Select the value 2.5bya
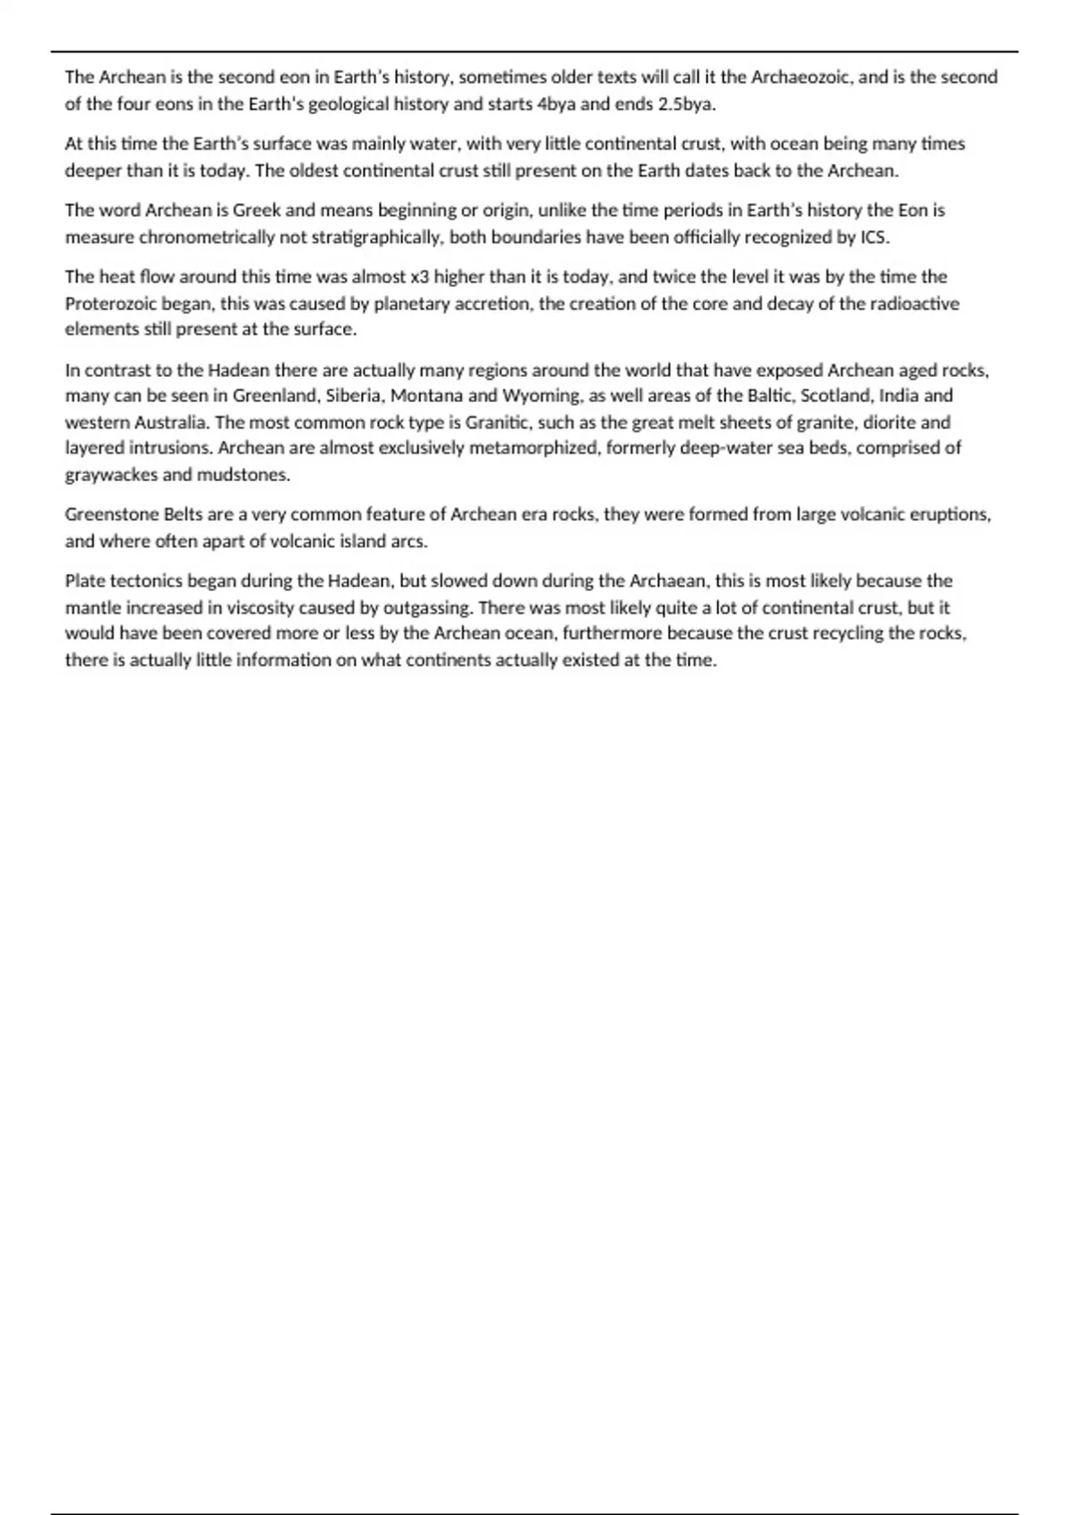(x=687, y=104)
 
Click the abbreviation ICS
(x=874, y=237)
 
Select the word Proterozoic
(x=111, y=304)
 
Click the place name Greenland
(x=274, y=396)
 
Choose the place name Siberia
(x=353, y=396)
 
